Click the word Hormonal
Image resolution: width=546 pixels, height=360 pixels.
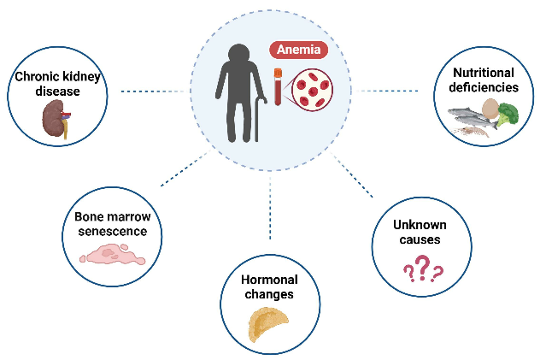(268, 280)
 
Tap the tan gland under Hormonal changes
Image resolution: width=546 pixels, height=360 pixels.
(268, 324)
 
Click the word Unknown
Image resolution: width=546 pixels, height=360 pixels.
(420, 224)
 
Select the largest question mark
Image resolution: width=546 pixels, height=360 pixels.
(422, 271)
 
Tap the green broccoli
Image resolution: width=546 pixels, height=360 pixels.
(509, 114)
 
